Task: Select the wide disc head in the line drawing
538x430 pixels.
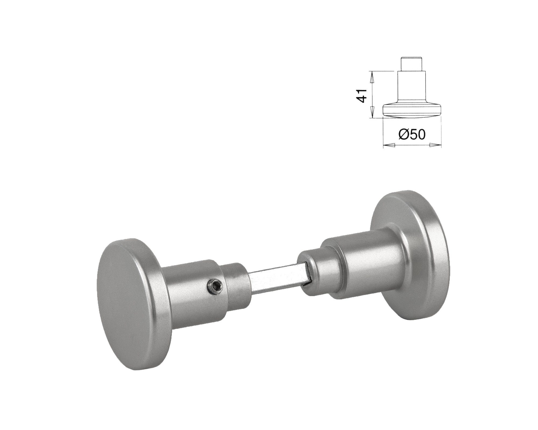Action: (x=412, y=110)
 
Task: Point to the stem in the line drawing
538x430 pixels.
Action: (x=412, y=86)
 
